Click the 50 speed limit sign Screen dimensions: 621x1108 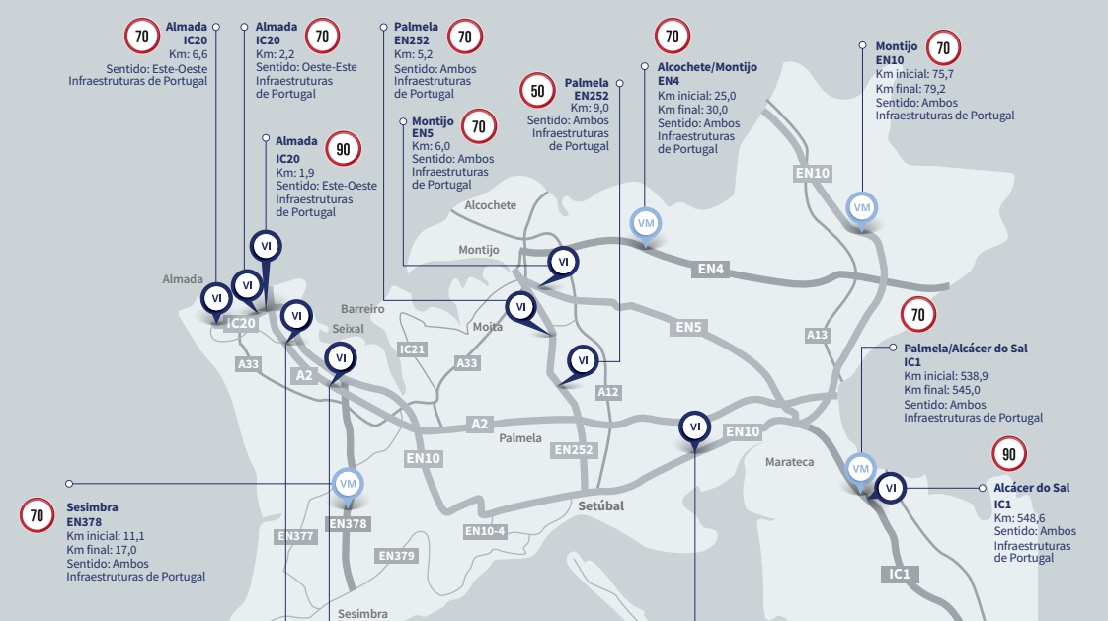coord(538,92)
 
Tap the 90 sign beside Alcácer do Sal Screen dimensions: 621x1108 coord(1009,454)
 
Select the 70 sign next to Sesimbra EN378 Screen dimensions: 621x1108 coord(37,515)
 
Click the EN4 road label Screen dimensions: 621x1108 coord(712,269)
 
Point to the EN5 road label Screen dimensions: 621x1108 coord(688,326)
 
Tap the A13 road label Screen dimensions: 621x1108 coord(818,335)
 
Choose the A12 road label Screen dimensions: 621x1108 coord(608,392)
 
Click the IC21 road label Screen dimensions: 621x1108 coord(412,349)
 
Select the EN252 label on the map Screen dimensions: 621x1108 coord(574,450)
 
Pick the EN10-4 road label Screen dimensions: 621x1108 coord(485,531)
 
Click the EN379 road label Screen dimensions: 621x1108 coord(397,556)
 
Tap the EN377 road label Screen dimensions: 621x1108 coord(295,537)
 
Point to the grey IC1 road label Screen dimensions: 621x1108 coord(899,574)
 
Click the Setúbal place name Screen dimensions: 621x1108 coord(601,505)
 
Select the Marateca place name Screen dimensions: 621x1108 coord(789,462)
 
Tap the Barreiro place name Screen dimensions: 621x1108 coord(362,309)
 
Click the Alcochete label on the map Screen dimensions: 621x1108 coord(490,205)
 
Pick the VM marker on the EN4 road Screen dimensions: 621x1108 coord(647,223)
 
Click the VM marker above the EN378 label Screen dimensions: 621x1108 coord(347,483)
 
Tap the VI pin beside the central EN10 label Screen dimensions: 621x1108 coord(695,427)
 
